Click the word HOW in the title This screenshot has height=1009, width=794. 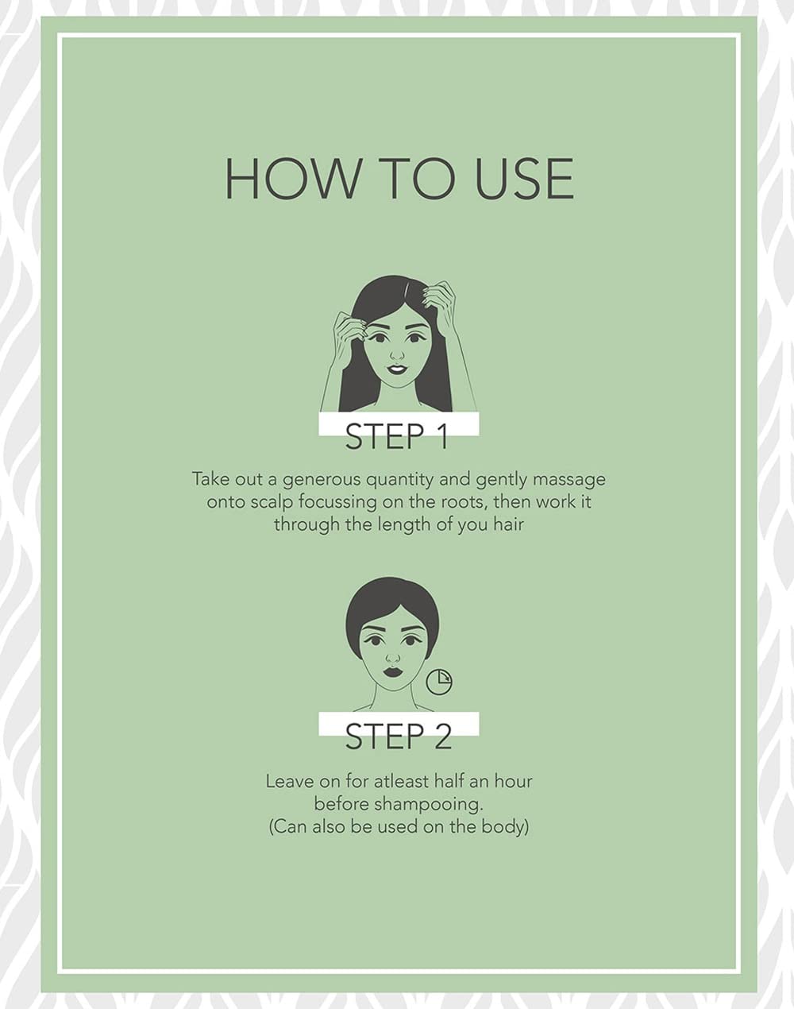click(x=292, y=179)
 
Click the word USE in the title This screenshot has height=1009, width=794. click(x=525, y=179)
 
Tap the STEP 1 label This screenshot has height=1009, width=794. click(x=397, y=436)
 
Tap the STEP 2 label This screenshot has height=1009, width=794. click(x=399, y=736)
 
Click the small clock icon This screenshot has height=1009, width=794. click(x=439, y=681)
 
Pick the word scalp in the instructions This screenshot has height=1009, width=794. click(x=266, y=502)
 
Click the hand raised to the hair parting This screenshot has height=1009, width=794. click(x=439, y=300)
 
